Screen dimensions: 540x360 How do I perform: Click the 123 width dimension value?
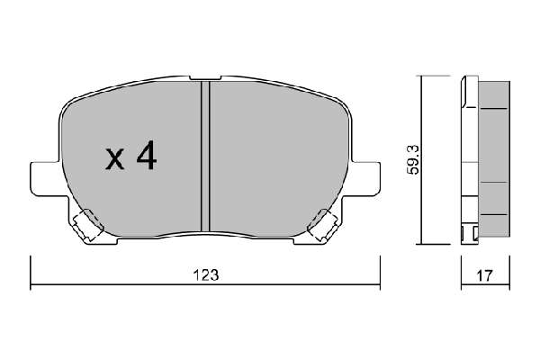tap(206, 275)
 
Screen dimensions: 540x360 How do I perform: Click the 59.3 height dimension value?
tap(413, 159)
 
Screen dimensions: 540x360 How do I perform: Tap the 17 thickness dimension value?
tap(484, 275)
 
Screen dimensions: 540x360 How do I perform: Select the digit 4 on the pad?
tap(147, 156)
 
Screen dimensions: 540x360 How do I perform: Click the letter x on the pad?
tap(114, 158)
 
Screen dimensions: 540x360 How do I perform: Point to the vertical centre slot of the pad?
tap(205, 156)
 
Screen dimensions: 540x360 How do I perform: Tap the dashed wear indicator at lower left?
tap(88, 225)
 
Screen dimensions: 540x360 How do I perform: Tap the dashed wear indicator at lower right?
tap(323, 225)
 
